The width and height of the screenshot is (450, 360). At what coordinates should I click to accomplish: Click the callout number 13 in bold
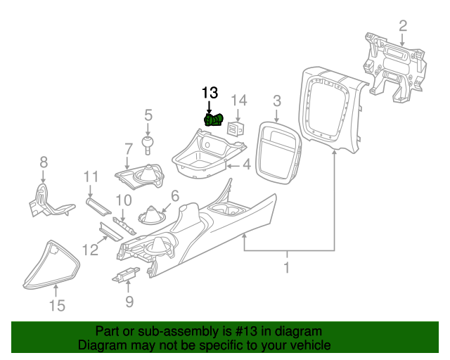(210, 92)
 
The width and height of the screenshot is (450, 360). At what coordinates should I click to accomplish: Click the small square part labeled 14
(237, 128)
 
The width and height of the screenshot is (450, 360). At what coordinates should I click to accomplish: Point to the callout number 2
(403, 26)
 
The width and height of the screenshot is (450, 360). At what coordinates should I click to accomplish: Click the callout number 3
(276, 101)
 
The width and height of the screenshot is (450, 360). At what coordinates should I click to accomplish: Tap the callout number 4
(246, 166)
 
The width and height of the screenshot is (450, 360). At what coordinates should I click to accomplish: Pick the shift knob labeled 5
(148, 144)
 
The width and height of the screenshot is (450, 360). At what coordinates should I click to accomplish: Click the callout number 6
(175, 196)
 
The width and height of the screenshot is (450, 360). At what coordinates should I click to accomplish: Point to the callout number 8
(44, 162)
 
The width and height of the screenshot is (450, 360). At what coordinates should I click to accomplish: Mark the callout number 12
(90, 249)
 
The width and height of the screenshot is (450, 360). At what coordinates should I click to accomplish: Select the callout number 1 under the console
(287, 267)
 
